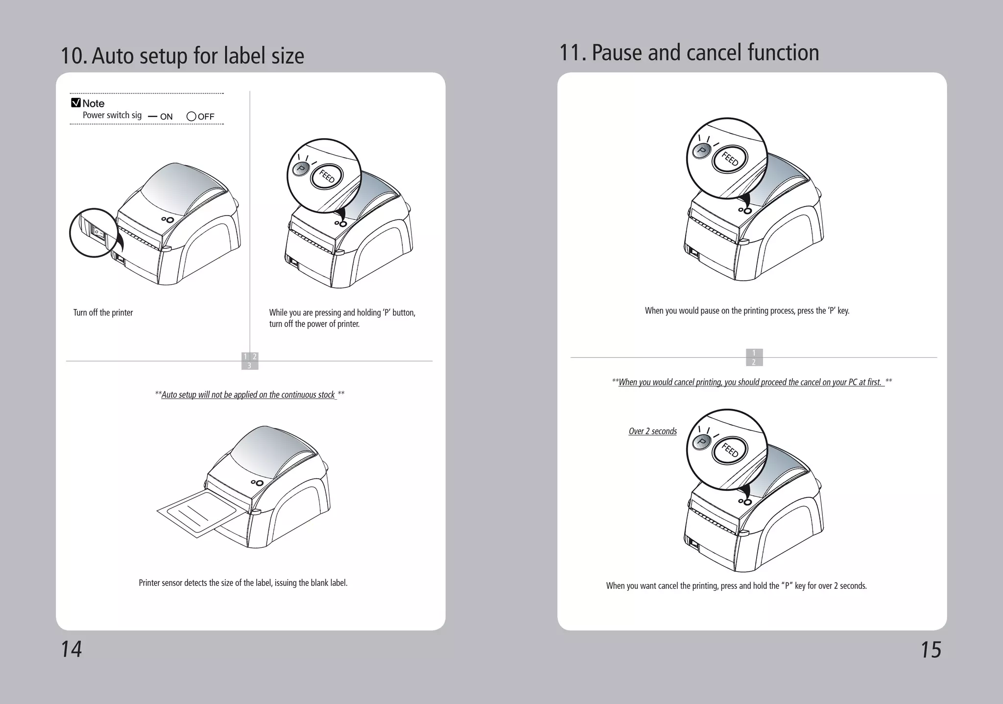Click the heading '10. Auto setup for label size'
(x=182, y=56)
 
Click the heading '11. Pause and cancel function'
(x=689, y=53)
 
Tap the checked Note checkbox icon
(x=76, y=103)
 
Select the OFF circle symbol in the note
(x=191, y=117)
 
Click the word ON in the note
(x=167, y=117)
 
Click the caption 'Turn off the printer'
(x=103, y=313)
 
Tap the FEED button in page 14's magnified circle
(x=327, y=176)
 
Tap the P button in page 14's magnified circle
(x=301, y=170)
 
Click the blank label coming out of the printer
(x=198, y=513)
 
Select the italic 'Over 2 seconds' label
(x=652, y=431)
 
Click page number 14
(x=71, y=649)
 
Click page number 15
(x=931, y=650)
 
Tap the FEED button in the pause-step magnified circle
(x=730, y=159)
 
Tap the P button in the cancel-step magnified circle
(x=701, y=442)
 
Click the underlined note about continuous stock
(x=249, y=395)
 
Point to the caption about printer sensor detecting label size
(x=243, y=583)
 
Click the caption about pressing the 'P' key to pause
(x=747, y=311)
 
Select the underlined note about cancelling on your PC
(x=751, y=382)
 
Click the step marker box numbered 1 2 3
(x=250, y=361)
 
